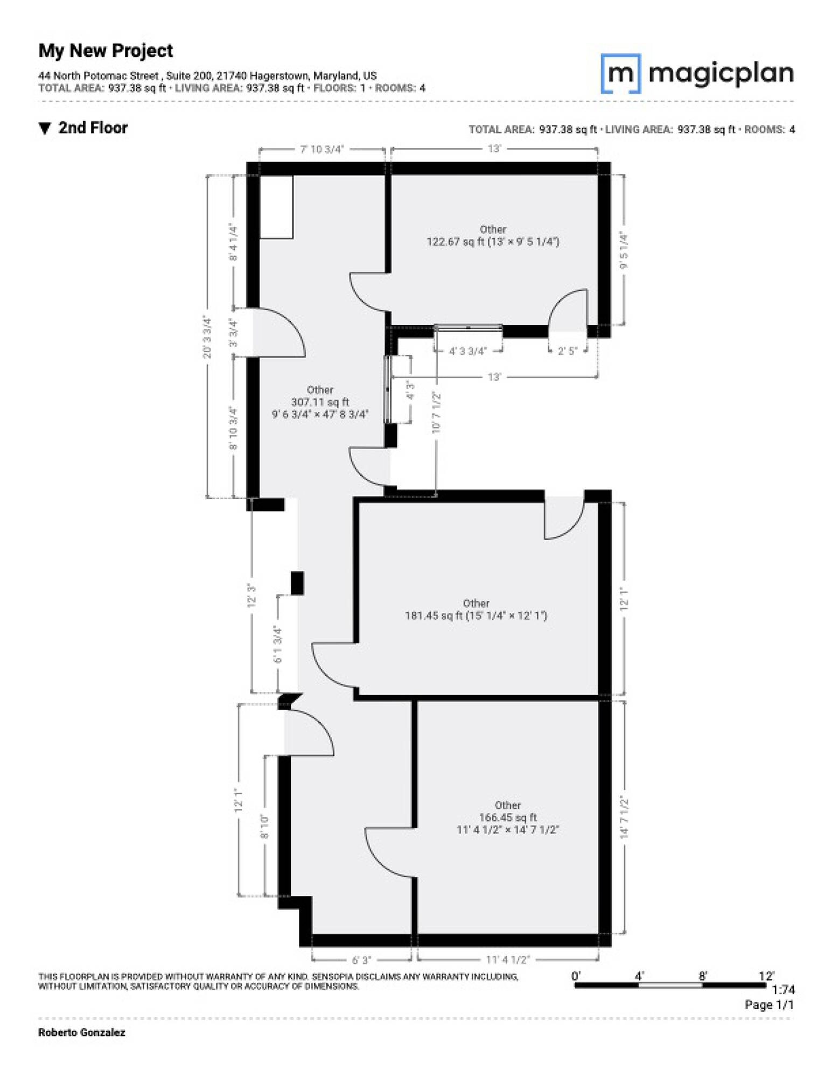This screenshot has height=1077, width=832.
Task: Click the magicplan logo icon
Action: [x=620, y=73]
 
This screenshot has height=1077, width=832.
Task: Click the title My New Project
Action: [x=106, y=51]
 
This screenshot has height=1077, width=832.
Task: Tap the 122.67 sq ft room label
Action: [x=493, y=235]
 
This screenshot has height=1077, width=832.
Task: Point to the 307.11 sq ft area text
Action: [x=320, y=402]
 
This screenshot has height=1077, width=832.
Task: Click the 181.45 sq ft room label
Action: [x=476, y=610]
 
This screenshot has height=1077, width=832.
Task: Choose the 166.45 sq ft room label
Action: [x=508, y=817]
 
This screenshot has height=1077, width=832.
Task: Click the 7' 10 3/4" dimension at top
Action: [x=322, y=149]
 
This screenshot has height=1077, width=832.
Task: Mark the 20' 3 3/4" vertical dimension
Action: [x=207, y=337]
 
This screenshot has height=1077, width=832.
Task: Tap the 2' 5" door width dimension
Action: [x=568, y=351]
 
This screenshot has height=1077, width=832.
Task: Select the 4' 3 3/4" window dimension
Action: [x=468, y=351]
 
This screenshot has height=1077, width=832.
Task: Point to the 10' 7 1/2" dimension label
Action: [x=436, y=412]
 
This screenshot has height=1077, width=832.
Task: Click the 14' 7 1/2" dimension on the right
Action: [x=624, y=817]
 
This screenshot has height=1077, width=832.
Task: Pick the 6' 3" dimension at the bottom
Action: [x=361, y=960]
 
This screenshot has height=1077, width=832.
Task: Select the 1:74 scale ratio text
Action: [x=784, y=990]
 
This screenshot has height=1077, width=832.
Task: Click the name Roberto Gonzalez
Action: [x=82, y=1032]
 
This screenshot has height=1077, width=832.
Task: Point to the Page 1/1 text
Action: [x=770, y=1004]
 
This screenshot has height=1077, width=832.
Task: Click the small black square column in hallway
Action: [x=297, y=583]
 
